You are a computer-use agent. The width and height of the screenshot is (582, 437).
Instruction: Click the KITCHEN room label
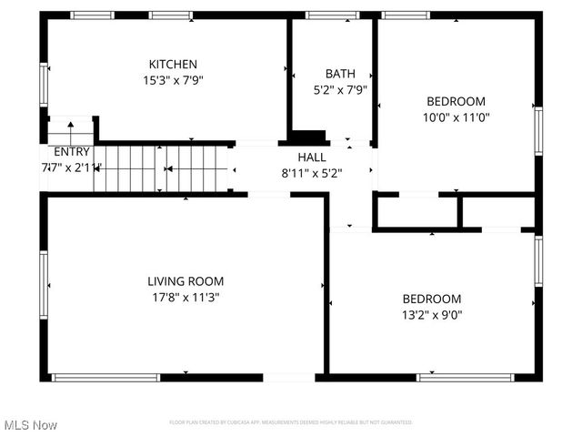(173, 65)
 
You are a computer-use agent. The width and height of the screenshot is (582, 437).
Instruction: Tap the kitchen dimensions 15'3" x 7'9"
(173, 80)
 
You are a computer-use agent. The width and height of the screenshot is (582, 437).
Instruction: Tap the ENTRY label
(72, 152)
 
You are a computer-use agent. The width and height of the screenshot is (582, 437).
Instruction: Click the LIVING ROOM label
(186, 281)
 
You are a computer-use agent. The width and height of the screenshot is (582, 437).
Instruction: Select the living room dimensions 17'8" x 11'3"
(186, 297)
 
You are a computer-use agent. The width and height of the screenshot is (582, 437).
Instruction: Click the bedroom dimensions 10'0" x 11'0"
(457, 117)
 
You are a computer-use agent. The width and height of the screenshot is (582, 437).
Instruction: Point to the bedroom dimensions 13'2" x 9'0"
(432, 315)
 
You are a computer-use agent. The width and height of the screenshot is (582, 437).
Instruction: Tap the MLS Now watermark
(31, 425)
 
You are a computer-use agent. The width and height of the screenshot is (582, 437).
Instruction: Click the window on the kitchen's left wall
(44, 84)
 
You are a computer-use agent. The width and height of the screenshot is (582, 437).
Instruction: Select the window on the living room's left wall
(44, 285)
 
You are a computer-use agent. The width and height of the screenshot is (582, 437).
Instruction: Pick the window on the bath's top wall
(332, 15)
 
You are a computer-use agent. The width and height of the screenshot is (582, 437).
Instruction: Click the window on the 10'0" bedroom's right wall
(537, 131)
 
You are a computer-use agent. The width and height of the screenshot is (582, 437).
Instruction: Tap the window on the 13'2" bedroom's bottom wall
(465, 377)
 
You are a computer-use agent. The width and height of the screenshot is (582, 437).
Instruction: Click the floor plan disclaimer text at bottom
(291, 422)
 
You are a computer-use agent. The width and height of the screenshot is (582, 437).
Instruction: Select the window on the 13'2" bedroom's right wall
(537, 261)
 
